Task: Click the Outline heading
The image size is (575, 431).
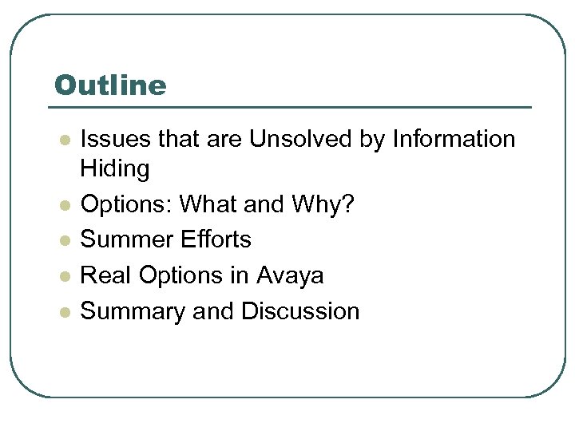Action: click(110, 85)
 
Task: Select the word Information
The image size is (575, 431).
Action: click(454, 139)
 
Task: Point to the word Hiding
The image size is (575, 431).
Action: click(115, 169)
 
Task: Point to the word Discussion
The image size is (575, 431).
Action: click(300, 310)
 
